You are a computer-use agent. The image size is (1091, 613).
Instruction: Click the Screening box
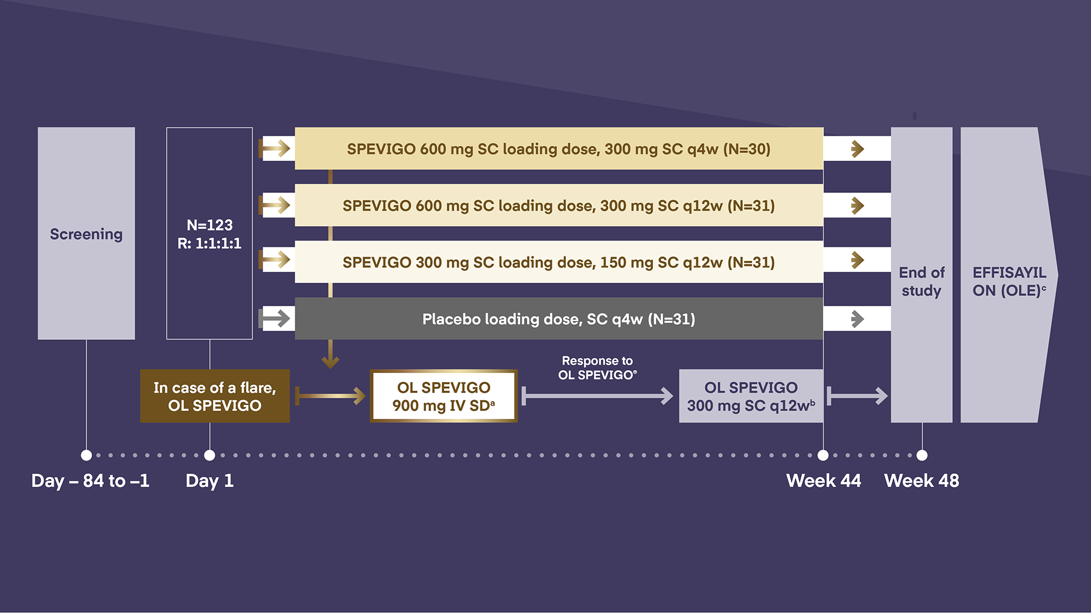click(86, 233)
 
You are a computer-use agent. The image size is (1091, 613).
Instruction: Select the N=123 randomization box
click(209, 233)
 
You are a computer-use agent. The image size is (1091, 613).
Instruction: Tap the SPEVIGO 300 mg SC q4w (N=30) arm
click(558, 149)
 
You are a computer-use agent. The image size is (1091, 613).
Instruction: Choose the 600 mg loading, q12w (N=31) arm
click(558, 206)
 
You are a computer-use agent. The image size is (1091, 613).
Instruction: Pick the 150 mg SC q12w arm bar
click(558, 262)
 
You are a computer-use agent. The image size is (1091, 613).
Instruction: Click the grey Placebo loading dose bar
click(558, 319)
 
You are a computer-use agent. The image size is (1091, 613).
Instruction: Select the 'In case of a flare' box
click(215, 396)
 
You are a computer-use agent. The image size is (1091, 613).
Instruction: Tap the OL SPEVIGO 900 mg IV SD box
click(444, 396)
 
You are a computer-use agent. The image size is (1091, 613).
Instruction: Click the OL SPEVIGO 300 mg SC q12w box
click(751, 396)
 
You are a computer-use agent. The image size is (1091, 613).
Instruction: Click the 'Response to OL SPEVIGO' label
click(597, 368)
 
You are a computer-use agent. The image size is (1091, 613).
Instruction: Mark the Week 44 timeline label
click(823, 480)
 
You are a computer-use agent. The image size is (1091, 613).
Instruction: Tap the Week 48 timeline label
click(921, 480)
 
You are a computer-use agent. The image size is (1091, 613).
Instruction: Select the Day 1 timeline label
click(209, 480)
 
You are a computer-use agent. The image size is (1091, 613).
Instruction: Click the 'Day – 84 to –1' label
click(91, 480)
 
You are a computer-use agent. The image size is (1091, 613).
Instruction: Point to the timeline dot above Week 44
click(823, 455)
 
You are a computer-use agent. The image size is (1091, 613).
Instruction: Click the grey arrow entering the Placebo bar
click(276, 318)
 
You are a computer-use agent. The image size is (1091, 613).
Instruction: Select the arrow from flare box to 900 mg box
click(331, 396)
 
